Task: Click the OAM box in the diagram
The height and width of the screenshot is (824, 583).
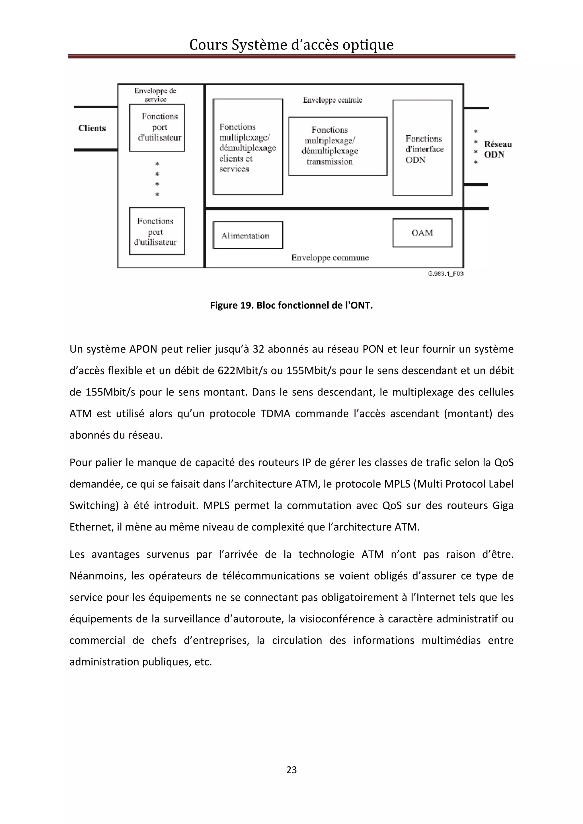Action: pyautogui.click(x=422, y=233)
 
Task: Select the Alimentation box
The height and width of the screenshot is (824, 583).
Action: pyautogui.click(x=248, y=235)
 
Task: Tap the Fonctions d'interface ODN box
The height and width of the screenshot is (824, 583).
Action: pyautogui.click(x=422, y=148)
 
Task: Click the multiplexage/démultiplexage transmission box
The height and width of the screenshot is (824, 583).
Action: pyautogui.click(x=337, y=146)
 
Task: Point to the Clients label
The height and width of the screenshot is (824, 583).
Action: pyautogui.click(x=92, y=128)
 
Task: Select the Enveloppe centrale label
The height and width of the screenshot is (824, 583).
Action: pyautogui.click(x=332, y=100)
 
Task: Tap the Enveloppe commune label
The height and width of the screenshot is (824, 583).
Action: pyautogui.click(x=330, y=257)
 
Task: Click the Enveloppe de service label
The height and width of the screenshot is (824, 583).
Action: pyautogui.click(x=155, y=95)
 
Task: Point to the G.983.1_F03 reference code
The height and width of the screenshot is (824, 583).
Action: pyautogui.click(x=446, y=274)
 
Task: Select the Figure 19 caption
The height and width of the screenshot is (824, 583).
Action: pyautogui.click(x=291, y=305)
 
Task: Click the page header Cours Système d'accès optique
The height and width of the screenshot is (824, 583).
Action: pyautogui.click(x=291, y=45)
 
